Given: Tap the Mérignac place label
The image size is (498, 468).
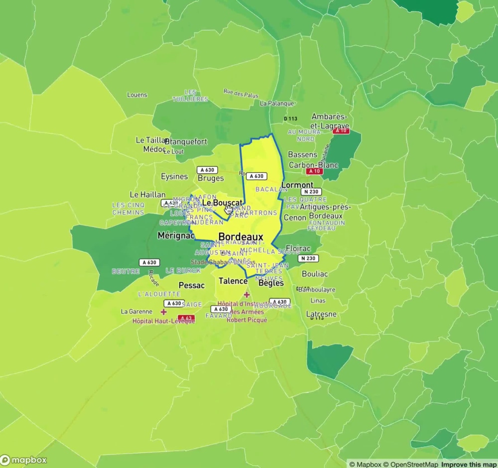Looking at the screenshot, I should [x=176, y=235].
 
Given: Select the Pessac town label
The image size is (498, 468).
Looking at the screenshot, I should [x=191, y=285].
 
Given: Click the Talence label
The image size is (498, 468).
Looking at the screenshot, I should [x=233, y=281].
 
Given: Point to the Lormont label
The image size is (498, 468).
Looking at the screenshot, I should [x=297, y=185].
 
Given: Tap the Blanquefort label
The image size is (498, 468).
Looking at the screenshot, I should [x=186, y=141].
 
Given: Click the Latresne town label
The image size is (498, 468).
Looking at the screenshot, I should [x=321, y=314].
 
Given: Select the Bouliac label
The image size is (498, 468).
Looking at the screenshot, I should [x=315, y=274].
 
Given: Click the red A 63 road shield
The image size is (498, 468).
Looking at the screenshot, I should [x=186, y=318].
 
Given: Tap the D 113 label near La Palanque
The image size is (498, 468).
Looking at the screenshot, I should [x=290, y=118].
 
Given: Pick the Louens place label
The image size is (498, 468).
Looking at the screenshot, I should [x=137, y=95].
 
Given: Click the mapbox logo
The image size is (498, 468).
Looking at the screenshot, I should [x=24, y=460].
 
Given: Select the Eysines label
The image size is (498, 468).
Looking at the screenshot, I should [x=174, y=176].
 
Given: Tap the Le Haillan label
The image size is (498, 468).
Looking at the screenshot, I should [x=147, y=195].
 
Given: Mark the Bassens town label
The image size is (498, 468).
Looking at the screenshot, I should [x=302, y=155].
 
